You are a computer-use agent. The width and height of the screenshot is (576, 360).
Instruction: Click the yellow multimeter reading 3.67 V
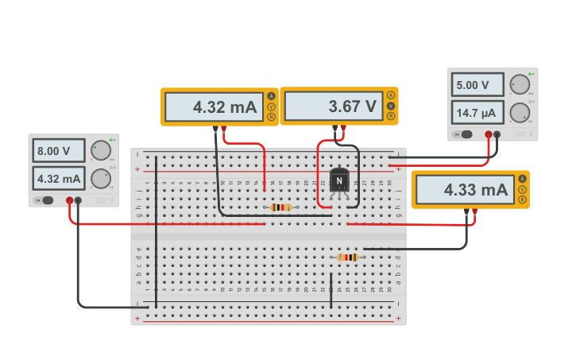338,106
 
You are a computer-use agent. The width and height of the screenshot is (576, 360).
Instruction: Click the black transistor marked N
339,180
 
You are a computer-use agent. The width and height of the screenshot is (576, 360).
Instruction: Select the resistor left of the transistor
281,207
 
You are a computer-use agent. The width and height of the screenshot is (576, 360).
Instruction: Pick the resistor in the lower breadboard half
347,257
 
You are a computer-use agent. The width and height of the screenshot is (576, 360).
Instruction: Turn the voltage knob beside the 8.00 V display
100,150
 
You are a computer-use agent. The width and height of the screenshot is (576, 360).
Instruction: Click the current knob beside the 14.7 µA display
520,112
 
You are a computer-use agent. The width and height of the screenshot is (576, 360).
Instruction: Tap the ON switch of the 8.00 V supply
48,200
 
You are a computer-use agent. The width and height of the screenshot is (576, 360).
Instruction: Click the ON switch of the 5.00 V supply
466,134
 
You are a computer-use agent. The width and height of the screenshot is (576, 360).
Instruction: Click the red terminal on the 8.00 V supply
70,200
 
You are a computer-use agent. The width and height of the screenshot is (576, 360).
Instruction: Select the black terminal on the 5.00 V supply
497,134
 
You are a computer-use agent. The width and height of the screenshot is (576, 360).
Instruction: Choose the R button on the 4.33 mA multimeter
522,200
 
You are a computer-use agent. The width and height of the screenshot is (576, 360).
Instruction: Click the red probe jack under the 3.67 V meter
343,127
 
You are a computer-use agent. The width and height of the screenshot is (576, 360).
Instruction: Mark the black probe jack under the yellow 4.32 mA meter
215,128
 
